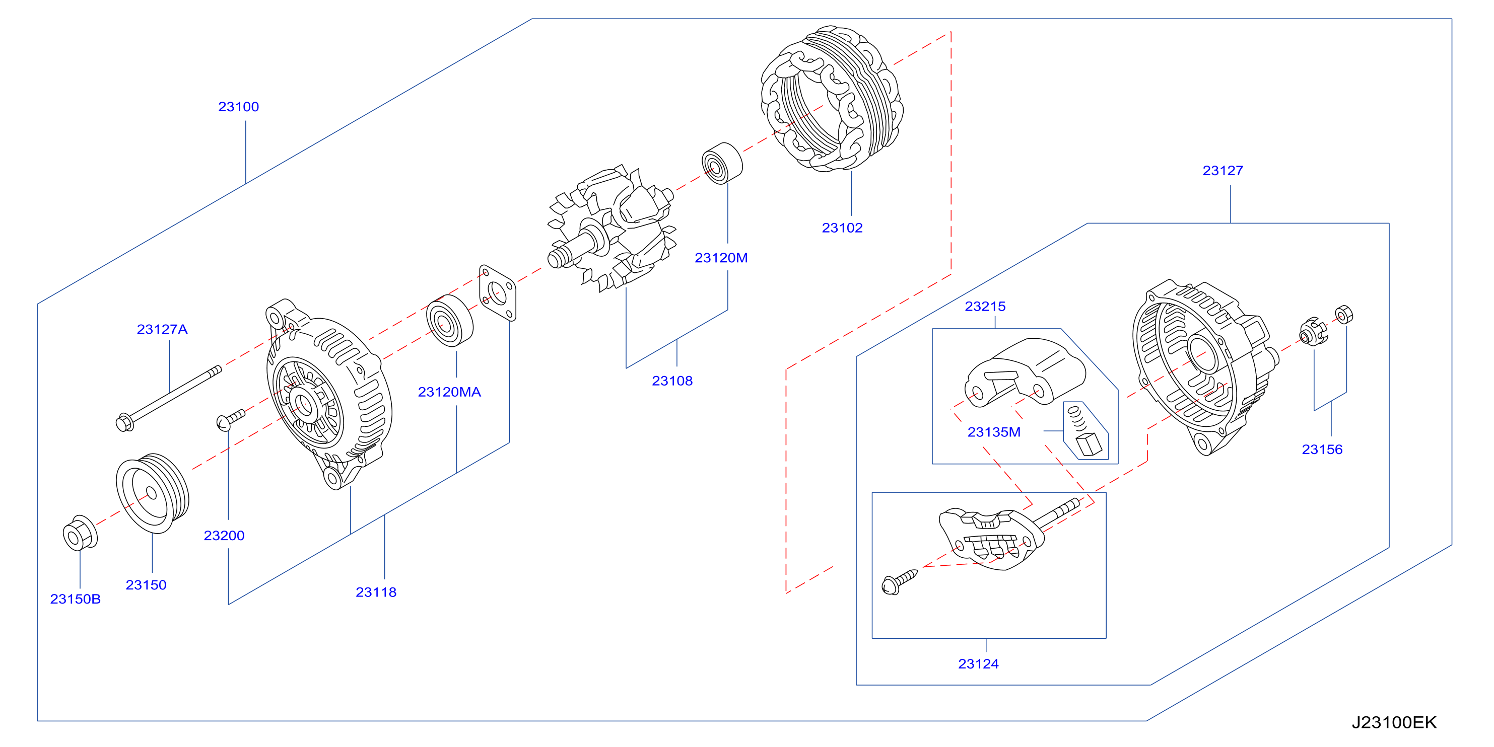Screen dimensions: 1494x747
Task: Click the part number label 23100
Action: [x=238, y=107]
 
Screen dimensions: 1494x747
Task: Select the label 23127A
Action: [x=162, y=329]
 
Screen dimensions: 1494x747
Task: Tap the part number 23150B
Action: [x=76, y=599]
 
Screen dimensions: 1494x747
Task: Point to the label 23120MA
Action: [x=449, y=392]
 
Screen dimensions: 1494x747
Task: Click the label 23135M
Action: [x=993, y=432]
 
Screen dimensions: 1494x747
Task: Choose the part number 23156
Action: [x=1322, y=449]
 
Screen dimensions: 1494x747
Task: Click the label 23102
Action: [x=842, y=228]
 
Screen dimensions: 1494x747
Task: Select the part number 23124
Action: [x=978, y=663]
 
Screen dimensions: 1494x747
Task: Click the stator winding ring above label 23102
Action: [x=832, y=99]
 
